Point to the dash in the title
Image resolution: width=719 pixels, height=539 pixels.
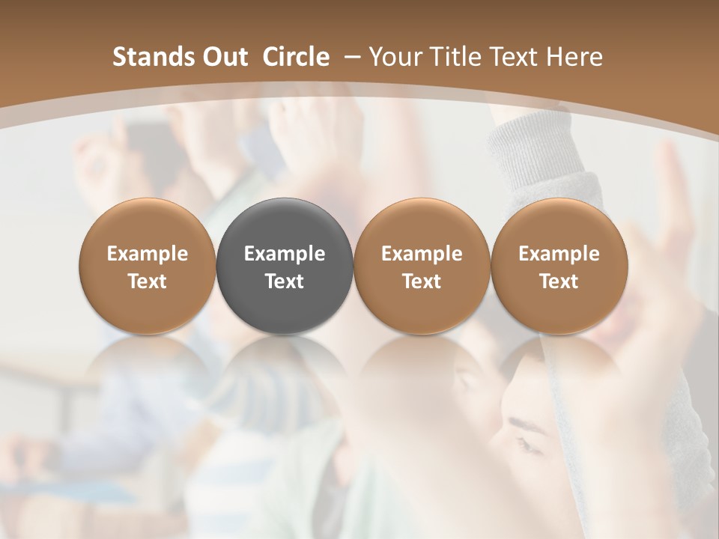pyautogui.click(x=351, y=58)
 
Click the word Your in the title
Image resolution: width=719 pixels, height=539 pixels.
pyautogui.click(x=395, y=57)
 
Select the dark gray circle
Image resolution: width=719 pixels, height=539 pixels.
pyautogui.click(x=285, y=266)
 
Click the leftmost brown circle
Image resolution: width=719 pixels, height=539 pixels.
pyautogui.click(x=147, y=266)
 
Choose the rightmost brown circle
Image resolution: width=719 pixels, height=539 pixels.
pyautogui.click(x=559, y=266)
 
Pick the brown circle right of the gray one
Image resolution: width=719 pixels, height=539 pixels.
pyautogui.click(x=422, y=266)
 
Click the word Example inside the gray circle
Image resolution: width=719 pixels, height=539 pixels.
pyautogui.click(x=285, y=254)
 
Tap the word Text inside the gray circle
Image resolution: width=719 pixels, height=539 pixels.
pyautogui.click(x=285, y=281)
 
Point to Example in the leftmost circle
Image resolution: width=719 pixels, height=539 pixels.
pyautogui.click(x=147, y=254)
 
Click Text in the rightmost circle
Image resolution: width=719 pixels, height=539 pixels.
pyautogui.click(x=559, y=281)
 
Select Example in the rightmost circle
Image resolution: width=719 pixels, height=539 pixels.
pyautogui.click(x=559, y=254)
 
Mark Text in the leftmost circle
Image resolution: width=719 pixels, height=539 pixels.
pyautogui.click(x=147, y=281)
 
